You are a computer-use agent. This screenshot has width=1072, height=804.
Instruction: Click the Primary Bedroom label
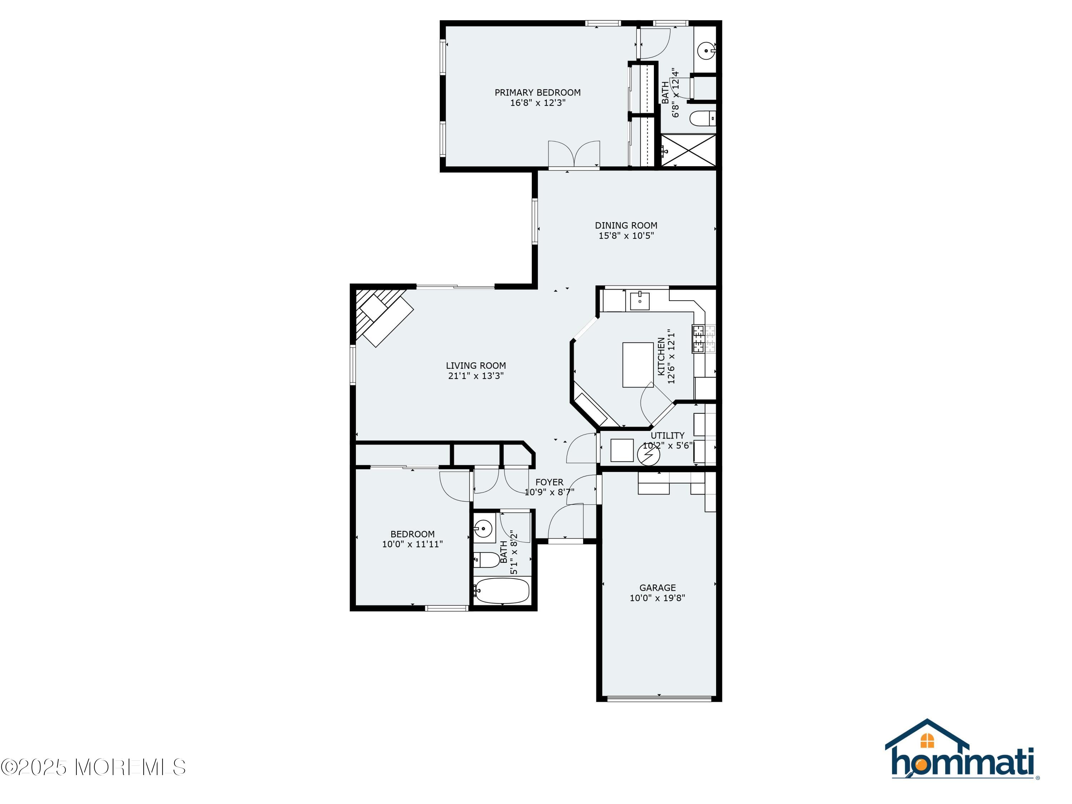point(537,93)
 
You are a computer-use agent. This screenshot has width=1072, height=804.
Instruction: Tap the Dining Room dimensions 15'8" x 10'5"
point(626,236)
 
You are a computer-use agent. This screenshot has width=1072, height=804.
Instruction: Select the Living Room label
point(475,366)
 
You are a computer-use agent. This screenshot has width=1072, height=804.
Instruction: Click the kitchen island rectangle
point(637,364)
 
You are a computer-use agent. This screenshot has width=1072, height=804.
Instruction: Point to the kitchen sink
point(640,301)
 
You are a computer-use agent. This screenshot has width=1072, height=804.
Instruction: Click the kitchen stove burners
point(698,339)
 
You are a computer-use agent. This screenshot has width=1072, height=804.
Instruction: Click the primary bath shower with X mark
point(688,151)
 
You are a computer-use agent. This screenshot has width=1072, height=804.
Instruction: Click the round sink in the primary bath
point(706,50)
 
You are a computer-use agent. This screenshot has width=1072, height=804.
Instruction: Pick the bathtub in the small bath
point(502,591)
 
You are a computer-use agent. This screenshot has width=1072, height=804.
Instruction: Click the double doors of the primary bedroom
point(574,154)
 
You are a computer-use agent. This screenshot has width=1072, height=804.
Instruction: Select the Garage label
point(657,588)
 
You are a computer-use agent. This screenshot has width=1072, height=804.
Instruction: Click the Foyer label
point(549,482)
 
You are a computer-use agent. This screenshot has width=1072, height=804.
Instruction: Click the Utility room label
point(667,435)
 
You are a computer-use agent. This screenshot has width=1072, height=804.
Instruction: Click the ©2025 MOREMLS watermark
point(93,767)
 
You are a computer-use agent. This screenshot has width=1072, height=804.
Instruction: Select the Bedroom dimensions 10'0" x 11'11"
point(412,544)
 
